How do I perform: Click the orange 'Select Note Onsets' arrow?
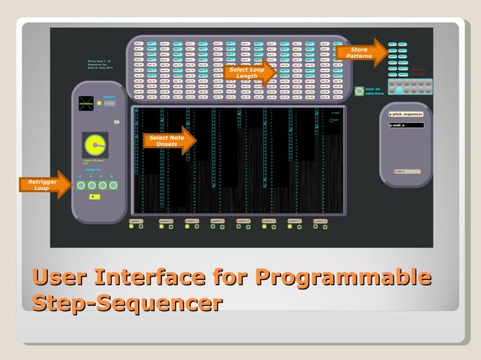pyautogui.click(x=170, y=141)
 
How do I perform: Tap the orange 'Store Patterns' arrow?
pyautogui.click(x=362, y=53)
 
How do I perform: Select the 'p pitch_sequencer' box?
pyautogui.click(x=406, y=114)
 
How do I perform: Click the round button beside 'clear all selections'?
pyautogui.click(x=359, y=91)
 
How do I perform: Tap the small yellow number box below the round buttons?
pyautogui.click(x=93, y=197)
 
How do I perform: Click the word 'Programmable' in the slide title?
pyautogui.click(x=343, y=277)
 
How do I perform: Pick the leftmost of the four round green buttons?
pyautogui.click(x=81, y=185)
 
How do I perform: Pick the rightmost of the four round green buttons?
pyautogui.click(x=113, y=185)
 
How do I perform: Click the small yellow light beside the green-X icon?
pyautogui.click(x=99, y=103)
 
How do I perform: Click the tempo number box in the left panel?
pyautogui.click(x=109, y=103)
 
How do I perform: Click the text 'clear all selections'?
pyautogui.click(x=375, y=91)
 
